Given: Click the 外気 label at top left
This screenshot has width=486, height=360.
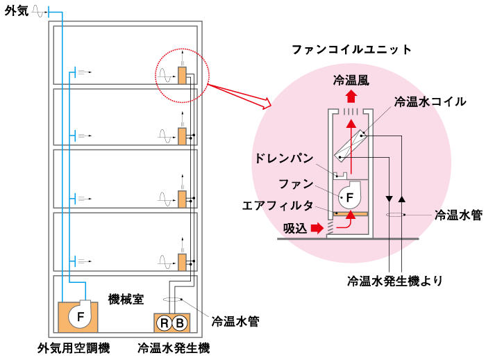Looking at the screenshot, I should tap(15, 12).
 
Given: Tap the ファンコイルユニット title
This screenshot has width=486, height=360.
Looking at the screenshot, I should tap(352, 50).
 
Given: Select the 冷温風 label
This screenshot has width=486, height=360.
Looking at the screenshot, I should tap(352, 79).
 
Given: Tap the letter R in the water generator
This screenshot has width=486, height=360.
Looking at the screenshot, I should tap(165, 322).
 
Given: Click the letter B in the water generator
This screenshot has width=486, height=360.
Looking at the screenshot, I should tap(179, 322).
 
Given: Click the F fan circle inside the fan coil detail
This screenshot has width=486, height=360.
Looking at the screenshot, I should tap(350, 197).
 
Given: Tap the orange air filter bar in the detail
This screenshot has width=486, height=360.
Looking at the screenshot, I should tap(351, 211).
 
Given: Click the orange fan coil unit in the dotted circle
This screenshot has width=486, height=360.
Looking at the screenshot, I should tap(183, 75).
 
